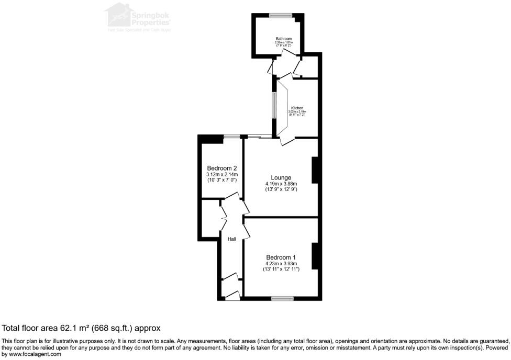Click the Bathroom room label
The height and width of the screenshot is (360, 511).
(x=283, y=39)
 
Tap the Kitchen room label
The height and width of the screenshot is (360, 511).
(x=297, y=108)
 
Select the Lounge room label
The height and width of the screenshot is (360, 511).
(x=281, y=177)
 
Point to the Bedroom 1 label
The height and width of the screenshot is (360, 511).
(x=281, y=257)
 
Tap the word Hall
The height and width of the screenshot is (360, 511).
(x=231, y=239)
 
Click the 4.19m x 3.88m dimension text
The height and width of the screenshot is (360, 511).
(x=281, y=184)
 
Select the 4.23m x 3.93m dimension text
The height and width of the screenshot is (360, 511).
(x=281, y=264)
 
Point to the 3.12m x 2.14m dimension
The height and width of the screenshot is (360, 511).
(x=222, y=174)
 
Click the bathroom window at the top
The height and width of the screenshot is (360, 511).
(x=281, y=16)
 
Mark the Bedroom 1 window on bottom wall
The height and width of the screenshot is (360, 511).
(x=283, y=298)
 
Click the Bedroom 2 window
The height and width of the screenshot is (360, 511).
(x=231, y=137)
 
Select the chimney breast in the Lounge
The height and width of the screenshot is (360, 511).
(x=315, y=170)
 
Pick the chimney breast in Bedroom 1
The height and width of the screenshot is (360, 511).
(x=315, y=256)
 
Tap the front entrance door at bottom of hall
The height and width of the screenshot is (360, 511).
(x=232, y=296)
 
